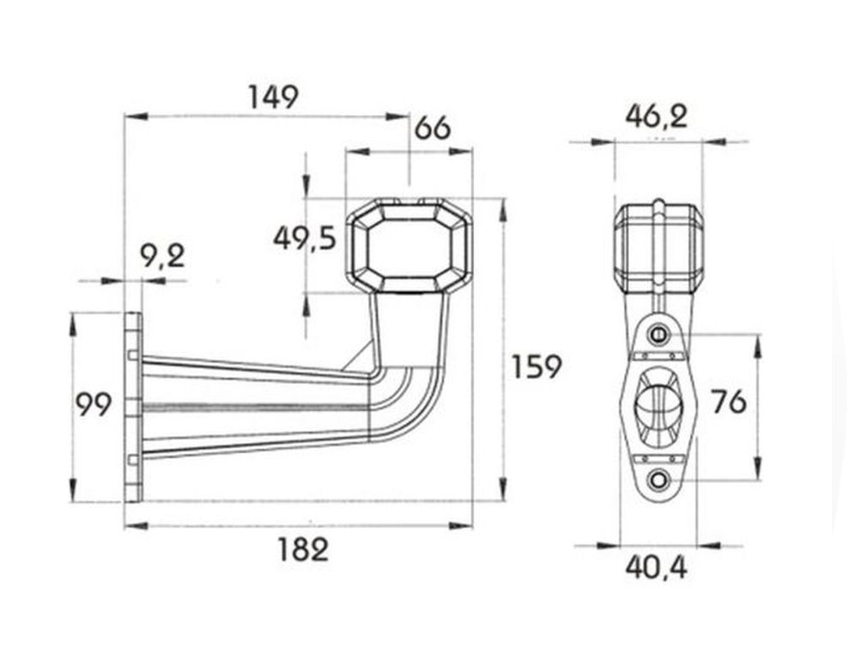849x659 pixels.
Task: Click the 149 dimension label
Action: point(274,97)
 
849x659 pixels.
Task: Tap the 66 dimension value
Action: point(432,128)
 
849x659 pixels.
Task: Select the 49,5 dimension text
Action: point(305,238)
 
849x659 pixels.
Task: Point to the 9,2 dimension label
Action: point(162,256)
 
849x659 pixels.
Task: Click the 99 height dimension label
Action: point(93,404)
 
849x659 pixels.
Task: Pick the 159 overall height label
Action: point(537,366)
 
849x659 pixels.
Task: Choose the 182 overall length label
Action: point(303,550)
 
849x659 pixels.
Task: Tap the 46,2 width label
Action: point(656,117)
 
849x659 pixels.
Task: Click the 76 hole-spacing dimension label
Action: point(729,402)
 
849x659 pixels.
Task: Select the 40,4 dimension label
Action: point(656,567)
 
